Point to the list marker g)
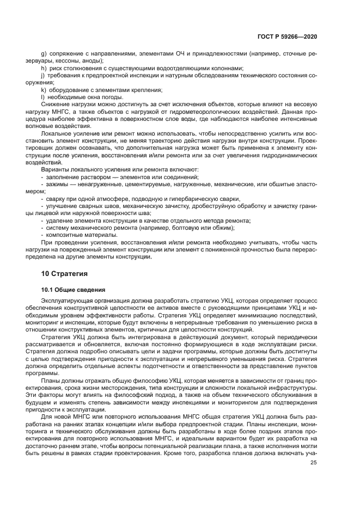[x=44, y=53]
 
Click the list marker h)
[x=44, y=68]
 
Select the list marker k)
[x=44, y=90]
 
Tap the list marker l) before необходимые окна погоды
[x=44, y=97]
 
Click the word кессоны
[x=71, y=61]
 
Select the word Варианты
[x=56, y=170]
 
